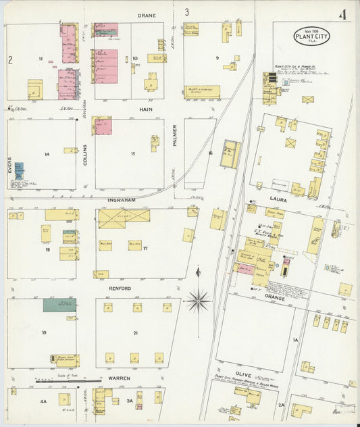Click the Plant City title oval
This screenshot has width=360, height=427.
pyautogui.click(x=311, y=36)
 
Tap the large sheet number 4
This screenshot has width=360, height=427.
pyautogui.click(x=343, y=15)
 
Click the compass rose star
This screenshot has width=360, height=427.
pyautogui.click(x=198, y=300)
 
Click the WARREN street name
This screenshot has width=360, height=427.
pyautogui.click(x=120, y=378)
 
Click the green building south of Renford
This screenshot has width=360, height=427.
pyautogui.click(x=59, y=305)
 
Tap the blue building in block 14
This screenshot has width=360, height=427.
pyautogui.click(x=19, y=170)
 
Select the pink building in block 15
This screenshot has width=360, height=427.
pyautogui.click(x=103, y=126)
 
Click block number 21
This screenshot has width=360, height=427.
pyautogui.click(x=135, y=333)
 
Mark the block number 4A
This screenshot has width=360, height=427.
pyautogui.click(x=43, y=402)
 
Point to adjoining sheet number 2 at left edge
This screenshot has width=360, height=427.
pyautogui.click(x=10, y=60)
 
